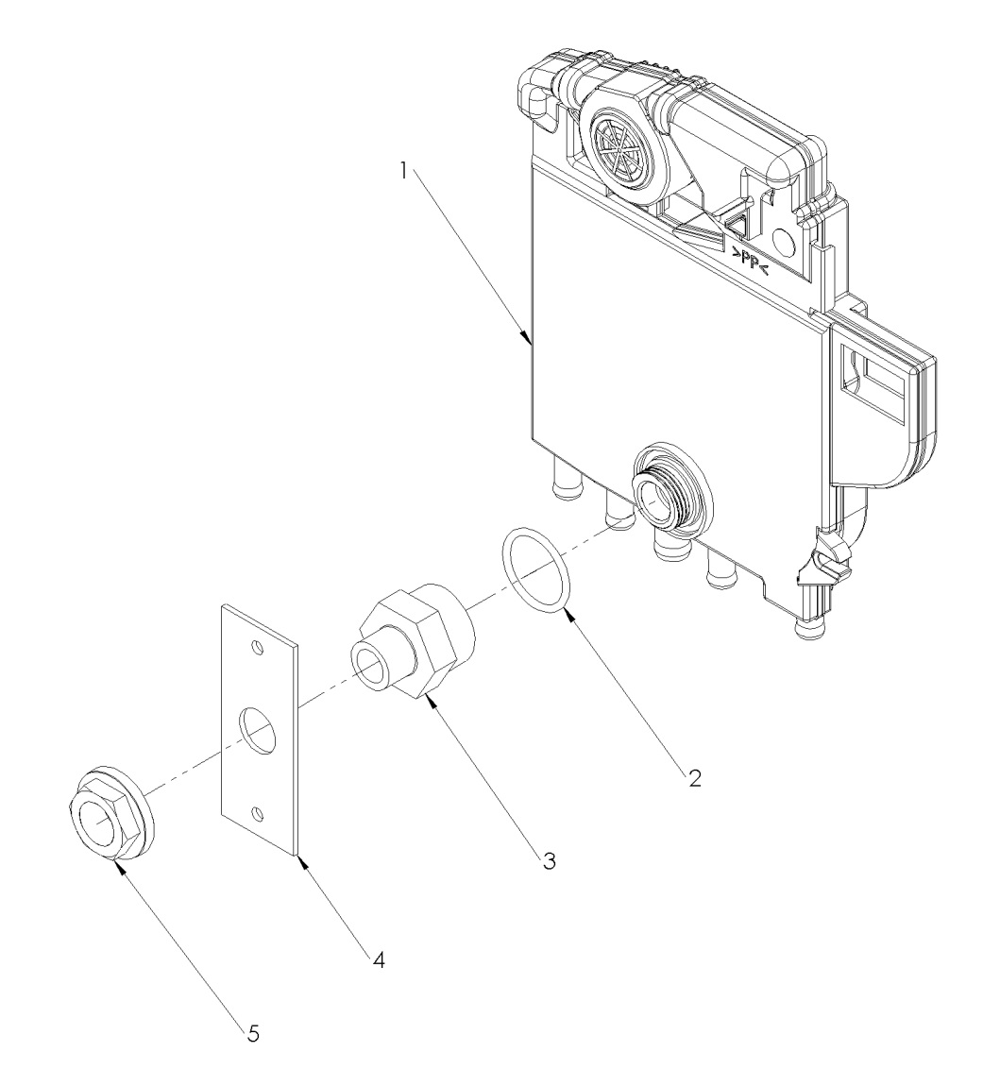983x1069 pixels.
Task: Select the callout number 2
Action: click(694, 780)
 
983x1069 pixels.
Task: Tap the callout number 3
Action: click(549, 860)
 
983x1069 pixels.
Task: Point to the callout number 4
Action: click(379, 961)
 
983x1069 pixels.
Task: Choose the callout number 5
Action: click(252, 1033)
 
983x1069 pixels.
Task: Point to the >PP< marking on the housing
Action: click(752, 252)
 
